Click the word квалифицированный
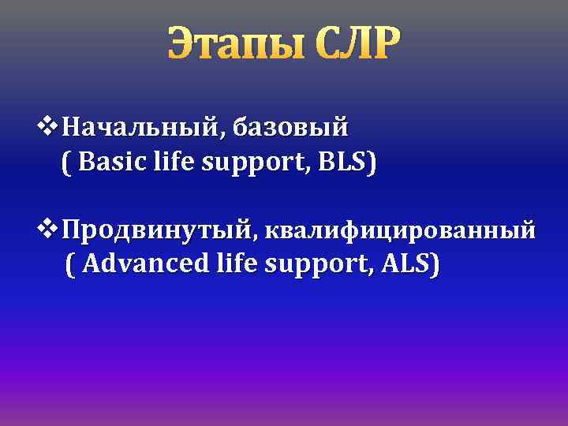click(x=400, y=231)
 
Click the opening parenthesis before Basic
click(x=65, y=164)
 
